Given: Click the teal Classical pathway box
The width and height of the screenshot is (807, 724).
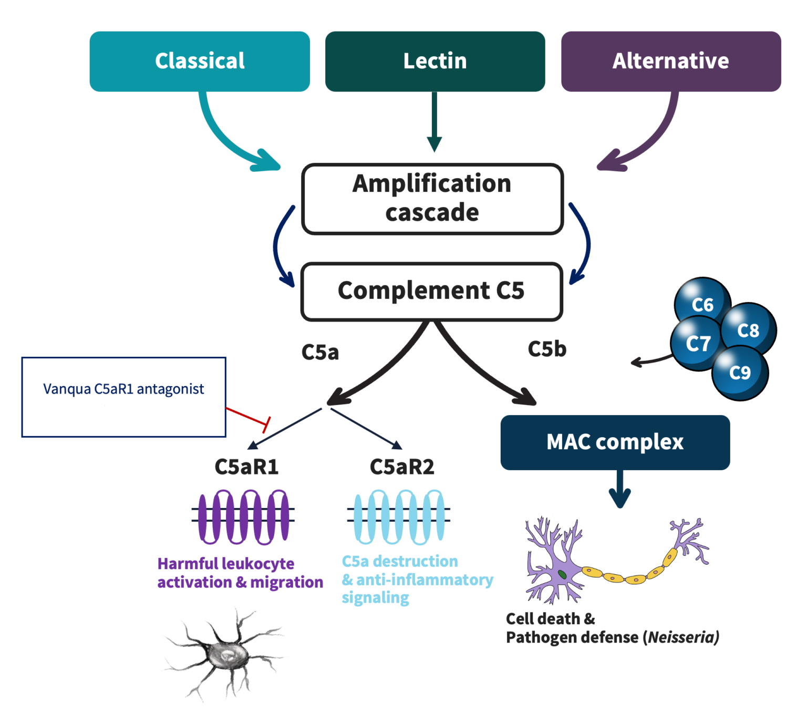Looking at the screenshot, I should pyautogui.click(x=200, y=61).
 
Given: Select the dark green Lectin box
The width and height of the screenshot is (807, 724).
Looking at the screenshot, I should pyautogui.click(x=435, y=61).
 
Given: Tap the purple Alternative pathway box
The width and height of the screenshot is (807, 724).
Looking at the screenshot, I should pyautogui.click(x=671, y=61).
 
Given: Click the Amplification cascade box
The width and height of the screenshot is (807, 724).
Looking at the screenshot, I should pyautogui.click(x=432, y=199).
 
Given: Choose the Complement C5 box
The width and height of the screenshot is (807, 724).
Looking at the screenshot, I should pyautogui.click(x=432, y=292).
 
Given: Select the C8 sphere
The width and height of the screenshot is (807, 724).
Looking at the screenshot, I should pyautogui.click(x=748, y=330).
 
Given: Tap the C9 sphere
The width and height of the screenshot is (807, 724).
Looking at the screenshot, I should pyautogui.click(x=740, y=373).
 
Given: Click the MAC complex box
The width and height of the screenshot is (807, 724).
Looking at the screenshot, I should pyautogui.click(x=615, y=442).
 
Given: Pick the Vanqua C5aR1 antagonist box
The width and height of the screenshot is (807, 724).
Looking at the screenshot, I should pyautogui.click(x=123, y=397).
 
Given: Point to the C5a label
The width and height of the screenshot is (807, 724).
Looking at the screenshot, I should pyautogui.click(x=320, y=352).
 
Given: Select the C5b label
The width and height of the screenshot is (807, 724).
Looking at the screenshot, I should pyautogui.click(x=547, y=349).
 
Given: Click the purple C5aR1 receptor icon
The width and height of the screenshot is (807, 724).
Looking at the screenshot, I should pyautogui.click(x=243, y=517).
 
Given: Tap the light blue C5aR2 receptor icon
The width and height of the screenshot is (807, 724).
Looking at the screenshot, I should pyautogui.click(x=399, y=517).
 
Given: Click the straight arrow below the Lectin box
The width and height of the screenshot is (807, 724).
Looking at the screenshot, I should pyautogui.click(x=434, y=121).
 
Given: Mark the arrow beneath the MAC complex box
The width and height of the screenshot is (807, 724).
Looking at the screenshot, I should pyautogui.click(x=620, y=489).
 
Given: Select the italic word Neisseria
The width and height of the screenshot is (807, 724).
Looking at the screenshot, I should pyautogui.click(x=682, y=637).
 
